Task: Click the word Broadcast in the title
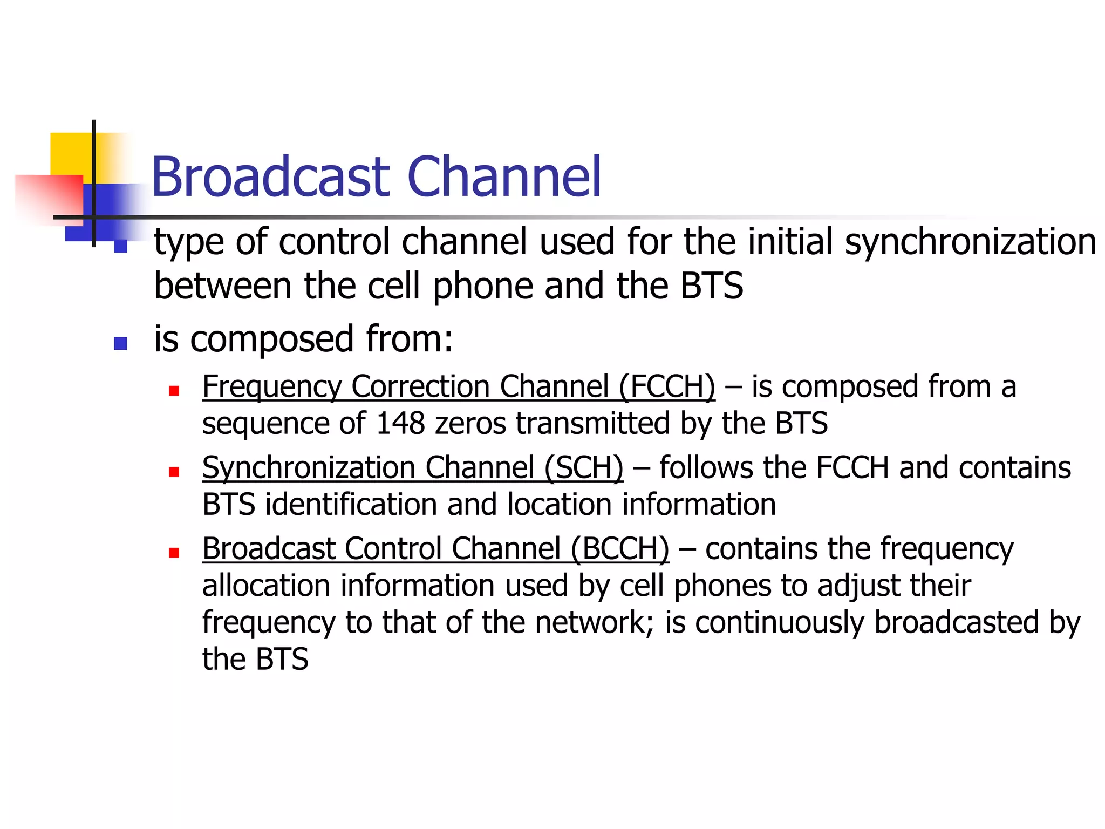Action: click(270, 177)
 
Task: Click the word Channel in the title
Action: click(504, 177)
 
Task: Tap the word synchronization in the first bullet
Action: click(970, 242)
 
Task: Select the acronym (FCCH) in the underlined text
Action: click(667, 386)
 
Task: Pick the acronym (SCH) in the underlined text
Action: click(584, 467)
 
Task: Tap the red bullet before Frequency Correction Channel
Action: click(173, 391)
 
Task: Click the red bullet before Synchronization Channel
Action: click(173, 472)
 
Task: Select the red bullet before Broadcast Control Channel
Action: click(173, 553)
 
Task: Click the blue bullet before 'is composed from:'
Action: click(120, 343)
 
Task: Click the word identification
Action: click(351, 504)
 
